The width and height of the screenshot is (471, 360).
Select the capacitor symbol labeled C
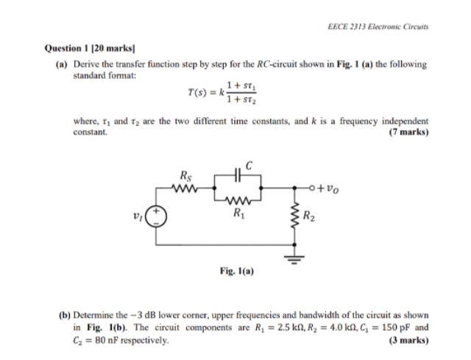(x=238, y=177)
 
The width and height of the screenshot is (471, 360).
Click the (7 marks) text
(x=408, y=133)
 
